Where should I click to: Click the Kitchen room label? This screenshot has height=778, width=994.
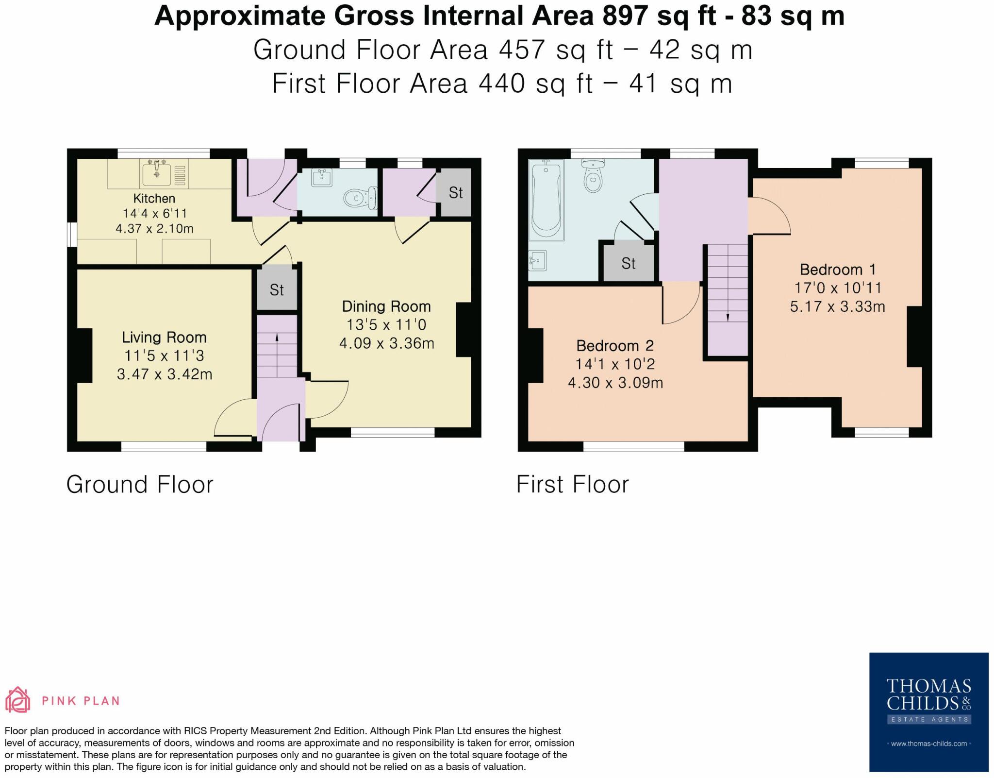tap(154, 198)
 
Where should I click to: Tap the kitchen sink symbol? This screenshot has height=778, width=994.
tap(156, 174)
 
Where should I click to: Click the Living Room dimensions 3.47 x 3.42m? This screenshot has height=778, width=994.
tap(165, 374)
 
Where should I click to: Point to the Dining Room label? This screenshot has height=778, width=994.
tap(386, 306)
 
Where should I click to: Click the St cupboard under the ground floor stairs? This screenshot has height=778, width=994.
tap(277, 290)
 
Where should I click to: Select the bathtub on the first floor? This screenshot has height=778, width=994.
tap(547, 200)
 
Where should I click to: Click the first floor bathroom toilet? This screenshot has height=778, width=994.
tap(592, 177)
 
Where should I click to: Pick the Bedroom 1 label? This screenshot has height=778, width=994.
tap(837, 270)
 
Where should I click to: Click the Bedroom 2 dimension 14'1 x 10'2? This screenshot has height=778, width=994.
tap(615, 364)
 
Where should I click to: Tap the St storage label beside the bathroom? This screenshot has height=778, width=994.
tap(628, 263)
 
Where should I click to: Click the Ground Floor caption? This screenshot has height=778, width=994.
tap(140, 485)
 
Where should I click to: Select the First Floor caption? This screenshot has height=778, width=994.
tap(572, 485)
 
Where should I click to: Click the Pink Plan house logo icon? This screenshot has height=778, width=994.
tap(17, 700)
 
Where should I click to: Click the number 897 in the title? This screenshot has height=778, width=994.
tap(625, 16)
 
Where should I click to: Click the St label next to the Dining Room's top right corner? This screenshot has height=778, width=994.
tap(455, 193)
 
